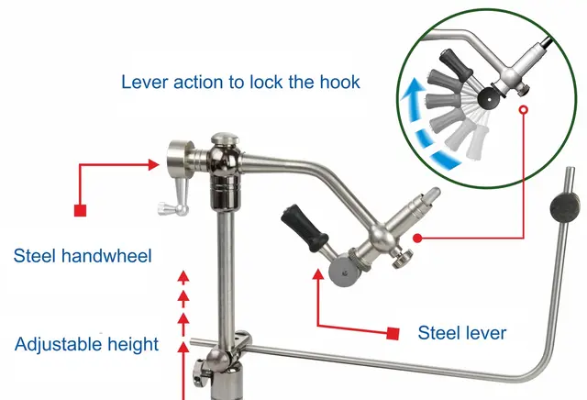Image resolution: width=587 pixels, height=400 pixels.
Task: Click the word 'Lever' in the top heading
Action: coord(144,81)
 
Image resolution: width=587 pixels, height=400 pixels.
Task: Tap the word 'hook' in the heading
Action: coord(336,81)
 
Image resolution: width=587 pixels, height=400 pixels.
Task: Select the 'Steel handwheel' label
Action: coord(83,254)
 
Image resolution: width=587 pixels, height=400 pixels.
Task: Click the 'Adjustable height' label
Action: coord(87,345)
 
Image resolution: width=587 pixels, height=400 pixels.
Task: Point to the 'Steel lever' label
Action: coord(461,332)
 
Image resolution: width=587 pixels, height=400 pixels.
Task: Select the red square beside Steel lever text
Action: coord(393,331)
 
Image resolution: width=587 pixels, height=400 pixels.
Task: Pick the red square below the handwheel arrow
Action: coord(81,211)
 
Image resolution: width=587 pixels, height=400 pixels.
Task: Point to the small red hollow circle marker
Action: coord(524,110)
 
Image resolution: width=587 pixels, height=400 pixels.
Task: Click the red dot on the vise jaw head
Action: coord(417,238)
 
